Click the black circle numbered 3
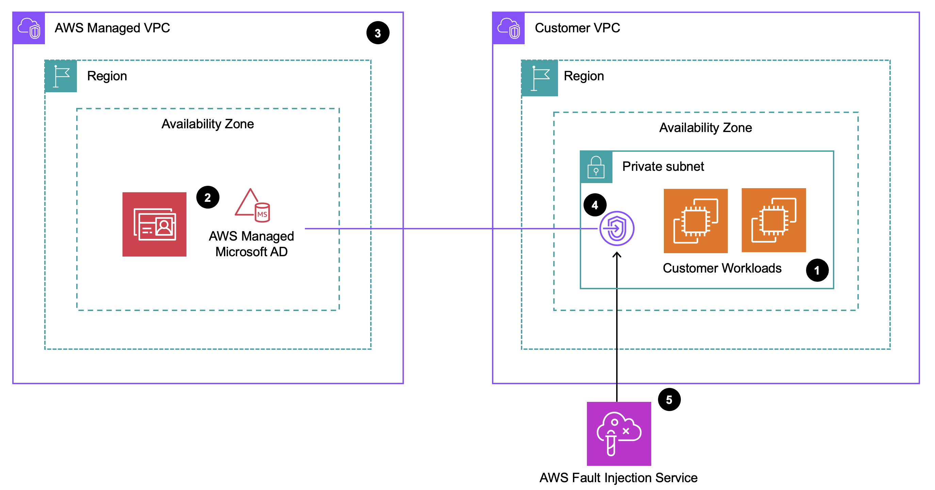coord(377,33)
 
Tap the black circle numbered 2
coord(208,197)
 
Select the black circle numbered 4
coord(594,205)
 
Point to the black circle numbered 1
coord(817,270)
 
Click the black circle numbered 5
coord(669,399)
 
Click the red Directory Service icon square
coord(154,224)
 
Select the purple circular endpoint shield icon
coord(616,229)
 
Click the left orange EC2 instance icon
coord(695,221)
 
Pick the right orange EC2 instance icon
coord(773,220)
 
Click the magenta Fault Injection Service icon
coord(619,434)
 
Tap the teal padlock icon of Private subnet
coord(596,167)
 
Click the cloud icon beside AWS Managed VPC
coord(29,28)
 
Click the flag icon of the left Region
coord(61,76)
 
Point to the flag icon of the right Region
coord(539,78)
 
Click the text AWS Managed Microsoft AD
coord(251,244)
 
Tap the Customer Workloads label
coord(722,268)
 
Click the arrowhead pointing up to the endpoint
coord(617,255)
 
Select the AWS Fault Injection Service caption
coord(618,478)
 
